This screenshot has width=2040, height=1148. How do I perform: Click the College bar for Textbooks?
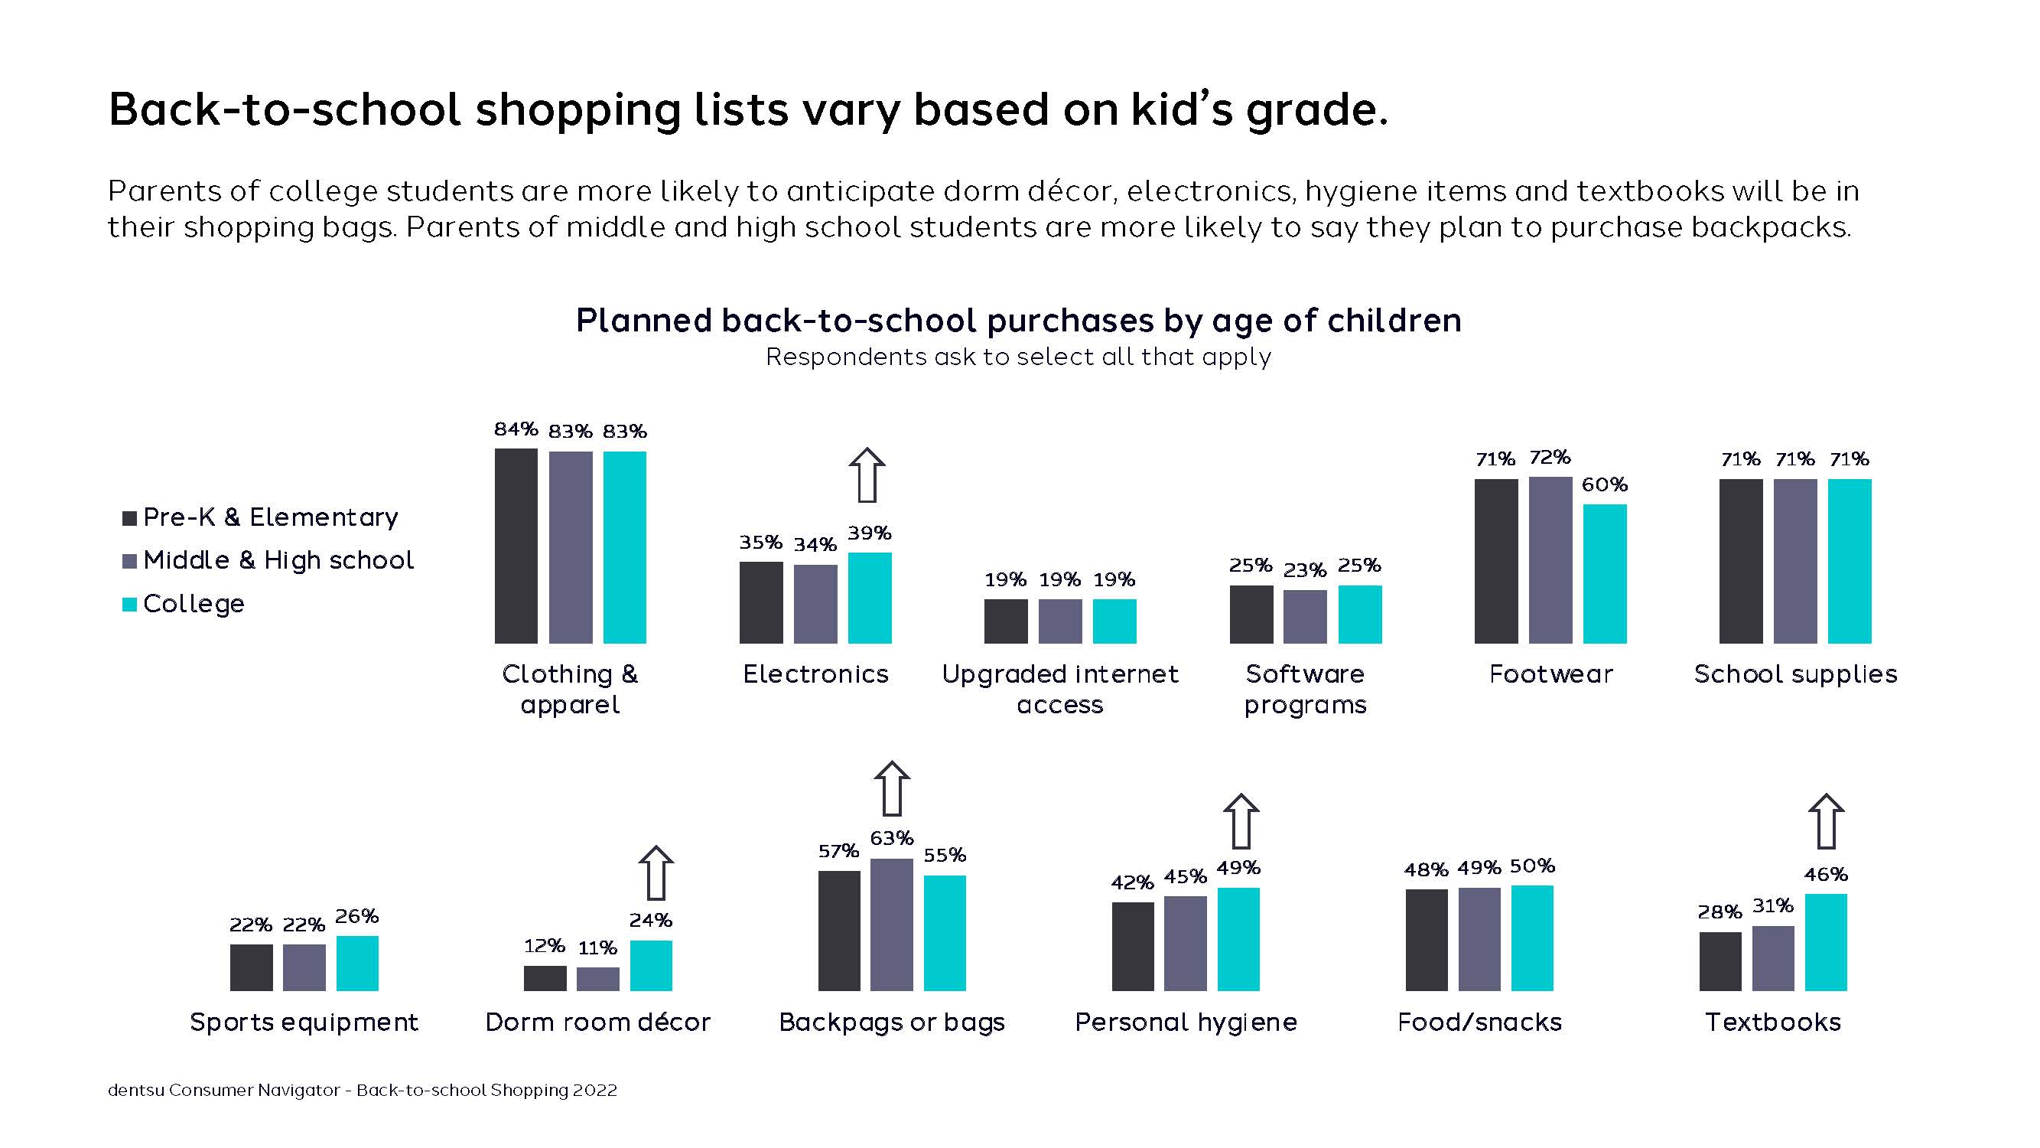(1825, 942)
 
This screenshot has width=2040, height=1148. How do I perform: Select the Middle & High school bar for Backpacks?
(892, 925)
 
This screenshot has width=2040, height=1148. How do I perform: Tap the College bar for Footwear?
(1605, 573)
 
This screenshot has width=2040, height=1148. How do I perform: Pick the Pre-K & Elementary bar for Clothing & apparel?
(516, 546)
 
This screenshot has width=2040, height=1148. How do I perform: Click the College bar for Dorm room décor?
(651, 965)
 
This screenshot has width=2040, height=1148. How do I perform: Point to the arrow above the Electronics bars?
(867, 475)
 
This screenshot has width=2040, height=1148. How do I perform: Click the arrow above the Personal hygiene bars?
(1240, 820)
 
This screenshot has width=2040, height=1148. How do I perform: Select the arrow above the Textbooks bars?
(1826, 820)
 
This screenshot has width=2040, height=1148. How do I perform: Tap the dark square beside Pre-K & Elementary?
(130, 518)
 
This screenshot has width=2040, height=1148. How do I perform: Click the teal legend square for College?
(130, 605)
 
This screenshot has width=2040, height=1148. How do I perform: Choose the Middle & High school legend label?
(278, 560)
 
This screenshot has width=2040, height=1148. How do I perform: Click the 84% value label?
(516, 429)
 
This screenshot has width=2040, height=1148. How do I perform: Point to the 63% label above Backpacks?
(892, 837)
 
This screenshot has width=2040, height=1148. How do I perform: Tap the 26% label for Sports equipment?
(356, 916)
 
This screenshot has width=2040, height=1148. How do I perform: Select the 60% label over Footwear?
(1605, 484)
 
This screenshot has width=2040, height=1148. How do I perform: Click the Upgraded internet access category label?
(1059, 689)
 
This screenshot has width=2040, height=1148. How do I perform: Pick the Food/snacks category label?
(1479, 1022)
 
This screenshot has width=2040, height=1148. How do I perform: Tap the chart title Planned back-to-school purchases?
(1018, 321)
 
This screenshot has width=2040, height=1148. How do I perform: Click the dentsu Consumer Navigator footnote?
(362, 1090)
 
